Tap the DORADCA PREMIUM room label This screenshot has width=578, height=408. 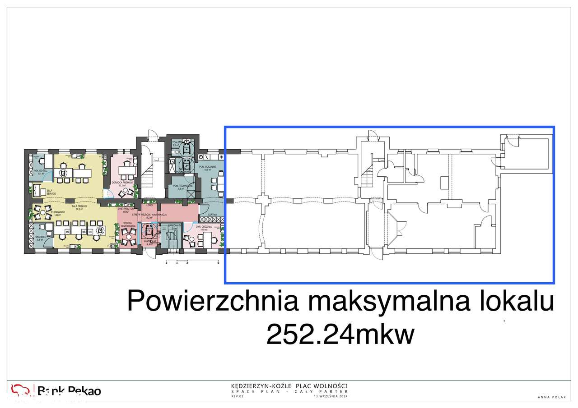point(125,183)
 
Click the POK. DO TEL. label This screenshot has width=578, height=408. point(40,172)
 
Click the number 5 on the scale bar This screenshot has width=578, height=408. point(219,262)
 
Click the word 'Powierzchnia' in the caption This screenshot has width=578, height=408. point(213,301)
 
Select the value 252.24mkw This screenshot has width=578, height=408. point(340,335)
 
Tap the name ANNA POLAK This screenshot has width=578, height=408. point(549,397)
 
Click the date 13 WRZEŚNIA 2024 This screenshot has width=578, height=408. point(331,396)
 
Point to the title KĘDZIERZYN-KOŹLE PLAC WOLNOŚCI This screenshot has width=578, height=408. point(289,386)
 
